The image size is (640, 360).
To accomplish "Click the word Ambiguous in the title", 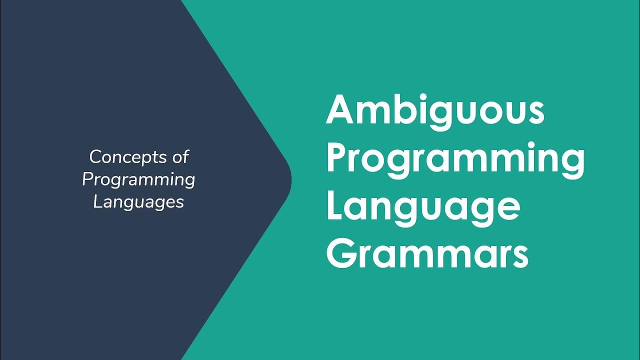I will click(435, 111).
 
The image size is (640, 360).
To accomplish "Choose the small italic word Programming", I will click(138, 179).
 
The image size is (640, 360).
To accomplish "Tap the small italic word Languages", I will click(138, 202).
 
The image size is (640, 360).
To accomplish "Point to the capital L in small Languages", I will click(98, 202).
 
